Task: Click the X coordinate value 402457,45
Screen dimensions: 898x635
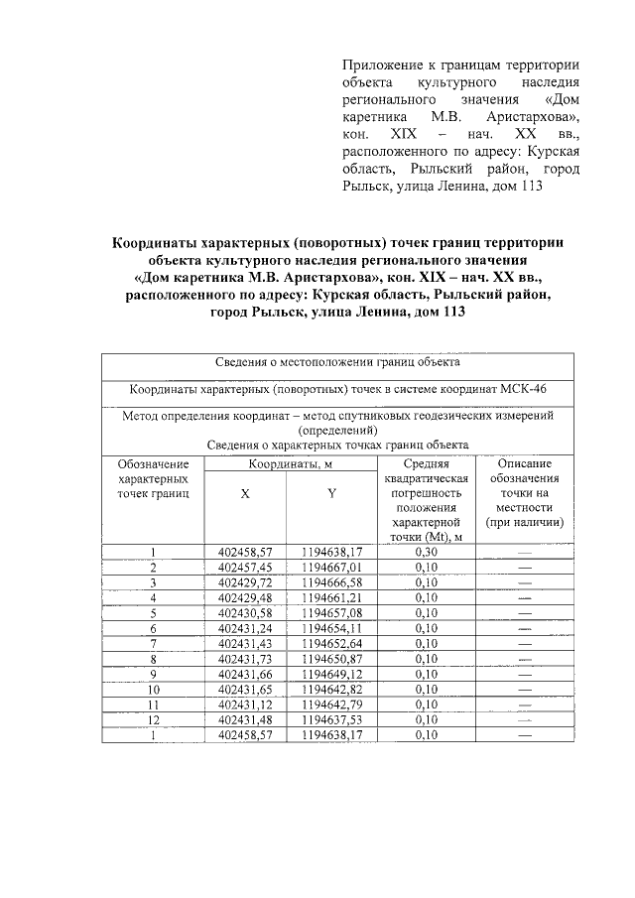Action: pos(244,568)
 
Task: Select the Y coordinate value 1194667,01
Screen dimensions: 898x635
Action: pos(332,568)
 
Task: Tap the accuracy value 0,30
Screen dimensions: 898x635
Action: pos(427,552)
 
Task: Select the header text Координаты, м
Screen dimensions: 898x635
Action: pos(289,463)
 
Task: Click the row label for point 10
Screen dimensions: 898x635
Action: pos(154,689)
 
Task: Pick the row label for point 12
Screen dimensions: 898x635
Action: pos(154,719)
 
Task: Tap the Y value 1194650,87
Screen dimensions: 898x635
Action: pos(332,659)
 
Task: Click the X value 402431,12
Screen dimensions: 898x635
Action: pos(244,705)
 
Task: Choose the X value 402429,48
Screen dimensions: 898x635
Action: pos(244,597)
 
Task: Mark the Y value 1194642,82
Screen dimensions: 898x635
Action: pos(332,689)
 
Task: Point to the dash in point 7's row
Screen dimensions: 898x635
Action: pos(524,644)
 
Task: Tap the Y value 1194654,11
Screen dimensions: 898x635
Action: pos(332,628)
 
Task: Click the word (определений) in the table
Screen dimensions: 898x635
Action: pos(337,431)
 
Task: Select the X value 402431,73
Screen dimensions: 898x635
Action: pos(244,659)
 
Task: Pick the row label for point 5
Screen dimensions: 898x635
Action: pos(154,613)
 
